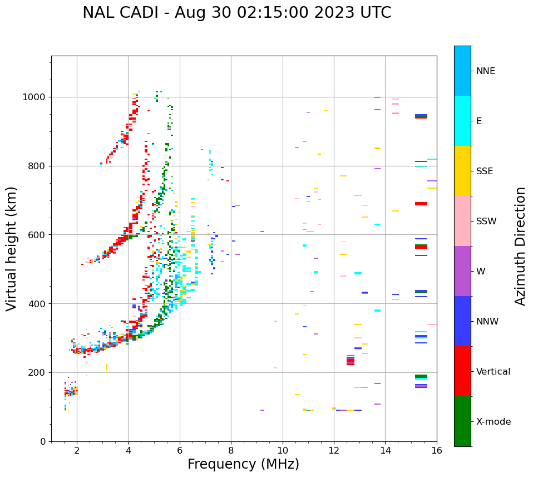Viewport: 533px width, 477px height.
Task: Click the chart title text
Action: click(236, 13)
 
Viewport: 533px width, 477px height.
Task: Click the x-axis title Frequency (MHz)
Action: click(243, 464)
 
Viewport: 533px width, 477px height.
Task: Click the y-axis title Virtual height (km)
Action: click(12, 249)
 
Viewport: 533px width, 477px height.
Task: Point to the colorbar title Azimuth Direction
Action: click(520, 246)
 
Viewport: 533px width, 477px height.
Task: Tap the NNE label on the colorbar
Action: click(486, 71)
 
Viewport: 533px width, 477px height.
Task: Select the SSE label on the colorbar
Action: click(485, 171)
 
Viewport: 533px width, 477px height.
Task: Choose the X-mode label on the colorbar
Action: click(493, 422)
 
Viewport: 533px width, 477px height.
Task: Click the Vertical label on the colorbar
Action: click(493, 372)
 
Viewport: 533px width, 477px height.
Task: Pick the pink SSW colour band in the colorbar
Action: click(462, 221)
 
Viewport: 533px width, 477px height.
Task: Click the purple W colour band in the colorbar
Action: click(462, 271)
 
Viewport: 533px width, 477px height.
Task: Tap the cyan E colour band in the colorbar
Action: click(462, 121)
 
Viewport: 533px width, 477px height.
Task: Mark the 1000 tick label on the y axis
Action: click(34, 97)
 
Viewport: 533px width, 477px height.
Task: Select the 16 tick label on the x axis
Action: click(437, 450)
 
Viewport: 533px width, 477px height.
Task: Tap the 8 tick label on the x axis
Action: click(231, 450)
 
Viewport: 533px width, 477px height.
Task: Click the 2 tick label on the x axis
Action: click(77, 450)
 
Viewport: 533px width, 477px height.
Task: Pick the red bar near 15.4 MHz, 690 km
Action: click(421, 204)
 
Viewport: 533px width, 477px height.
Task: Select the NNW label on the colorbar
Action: click(487, 322)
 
